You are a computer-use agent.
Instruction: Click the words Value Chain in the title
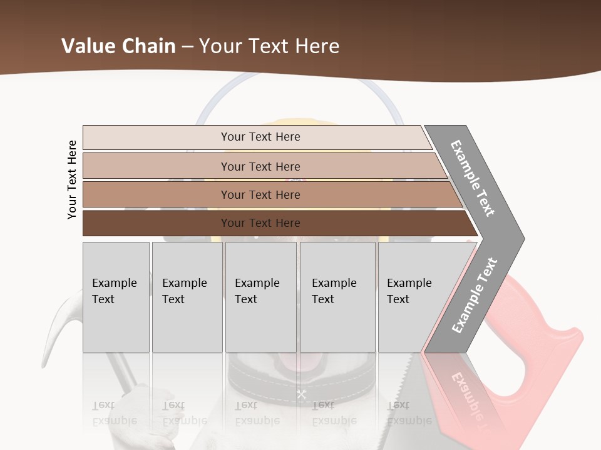(118, 46)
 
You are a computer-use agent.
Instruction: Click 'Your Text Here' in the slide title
(269, 46)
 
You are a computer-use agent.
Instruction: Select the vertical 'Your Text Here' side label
(72, 179)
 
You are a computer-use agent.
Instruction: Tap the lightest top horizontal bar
(260, 137)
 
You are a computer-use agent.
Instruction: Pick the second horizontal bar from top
(260, 166)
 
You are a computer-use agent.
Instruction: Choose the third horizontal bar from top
(260, 194)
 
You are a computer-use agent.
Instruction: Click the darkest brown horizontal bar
(260, 223)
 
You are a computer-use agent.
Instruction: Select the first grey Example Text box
(116, 297)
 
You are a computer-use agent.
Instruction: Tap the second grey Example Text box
(187, 297)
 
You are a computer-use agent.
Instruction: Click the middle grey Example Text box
(260, 297)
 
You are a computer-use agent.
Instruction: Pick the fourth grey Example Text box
(337, 297)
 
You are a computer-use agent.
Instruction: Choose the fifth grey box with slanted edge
(413, 297)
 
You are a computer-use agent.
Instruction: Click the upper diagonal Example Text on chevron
(473, 178)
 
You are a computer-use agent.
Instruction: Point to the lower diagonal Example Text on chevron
(475, 295)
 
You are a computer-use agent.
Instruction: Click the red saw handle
(551, 350)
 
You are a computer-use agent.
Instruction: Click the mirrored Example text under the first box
(115, 413)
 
